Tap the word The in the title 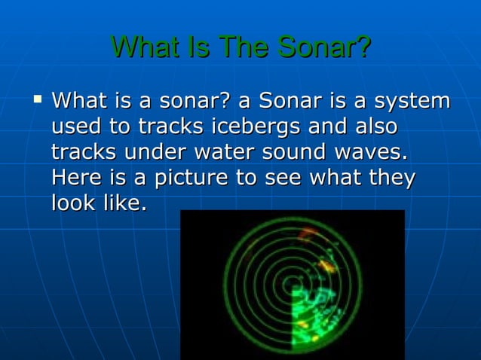click(x=244, y=47)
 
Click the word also click(x=369, y=127)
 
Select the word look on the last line click(x=76, y=204)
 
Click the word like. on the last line click(x=127, y=204)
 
